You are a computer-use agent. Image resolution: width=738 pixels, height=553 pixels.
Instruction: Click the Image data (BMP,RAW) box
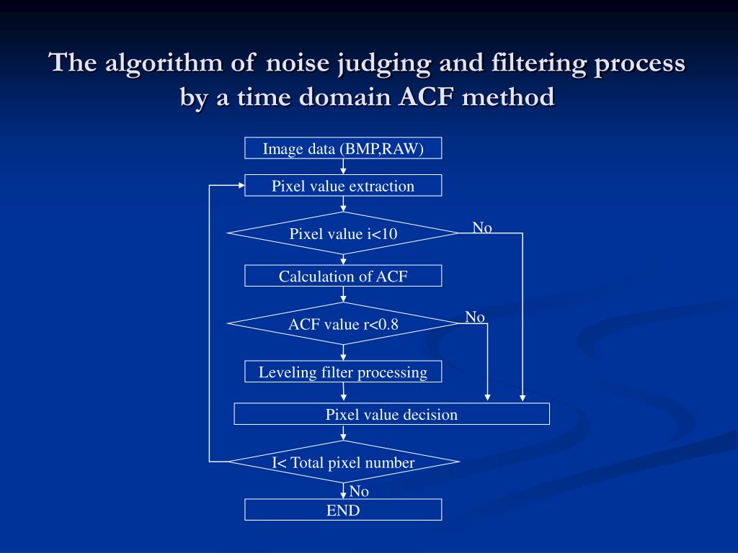click(343, 148)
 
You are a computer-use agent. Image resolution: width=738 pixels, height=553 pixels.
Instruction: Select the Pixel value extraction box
click(343, 185)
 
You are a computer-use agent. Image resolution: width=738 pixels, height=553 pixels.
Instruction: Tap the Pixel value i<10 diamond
click(343, 233)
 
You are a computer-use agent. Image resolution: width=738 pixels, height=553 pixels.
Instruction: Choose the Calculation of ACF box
click(343, 276)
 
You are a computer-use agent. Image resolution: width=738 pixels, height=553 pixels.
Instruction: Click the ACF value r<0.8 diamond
click(343, 323)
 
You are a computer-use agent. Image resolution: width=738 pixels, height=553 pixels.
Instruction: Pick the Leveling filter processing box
click(343, 372)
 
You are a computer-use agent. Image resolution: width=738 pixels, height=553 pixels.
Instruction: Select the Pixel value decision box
click(391, 414)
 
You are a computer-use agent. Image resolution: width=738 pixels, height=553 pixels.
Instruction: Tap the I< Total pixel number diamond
click(343, 462)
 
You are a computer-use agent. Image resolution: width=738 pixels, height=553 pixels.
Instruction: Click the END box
click(343, 510)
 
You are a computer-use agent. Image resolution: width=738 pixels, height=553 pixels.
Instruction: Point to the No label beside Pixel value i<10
click(482, 228)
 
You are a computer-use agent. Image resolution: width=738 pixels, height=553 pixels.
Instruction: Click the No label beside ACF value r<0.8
click(475, 317)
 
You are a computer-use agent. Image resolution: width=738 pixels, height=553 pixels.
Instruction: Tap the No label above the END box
click(359, 491)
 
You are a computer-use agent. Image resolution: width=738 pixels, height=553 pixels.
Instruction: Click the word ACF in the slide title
click(426, 97)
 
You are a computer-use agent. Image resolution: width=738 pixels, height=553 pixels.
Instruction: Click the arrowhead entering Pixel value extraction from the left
click(241, 185)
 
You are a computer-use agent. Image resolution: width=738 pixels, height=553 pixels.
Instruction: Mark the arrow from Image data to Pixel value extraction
click(343, 166)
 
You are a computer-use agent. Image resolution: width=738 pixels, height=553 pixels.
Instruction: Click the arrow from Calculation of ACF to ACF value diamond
click(343, 295)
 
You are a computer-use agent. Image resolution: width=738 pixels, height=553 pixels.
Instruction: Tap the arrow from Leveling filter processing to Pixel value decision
click(343, 392)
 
